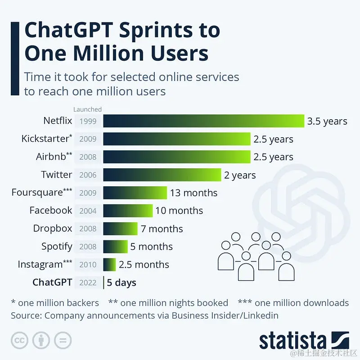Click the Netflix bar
click(204, 121)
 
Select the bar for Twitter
click(162, 175)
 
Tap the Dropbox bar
click(120, 229)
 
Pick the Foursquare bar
click(135, 193)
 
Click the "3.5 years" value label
click(327, 121)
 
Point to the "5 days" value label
click(121, 283)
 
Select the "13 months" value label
click(193, 193)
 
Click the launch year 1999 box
click(88, 121)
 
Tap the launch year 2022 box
click(88, 283)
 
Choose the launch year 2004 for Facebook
click(88, 211)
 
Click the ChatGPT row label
click(52, 282)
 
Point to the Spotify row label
click(57, 247)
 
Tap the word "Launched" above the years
click(87, 109)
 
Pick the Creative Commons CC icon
click(20, 340)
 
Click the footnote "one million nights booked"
click(174, 303)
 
